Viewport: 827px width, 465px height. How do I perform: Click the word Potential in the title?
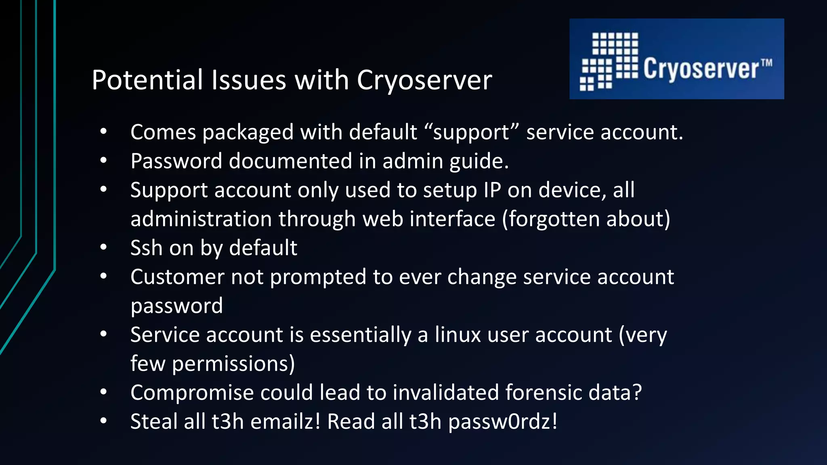[147, 80]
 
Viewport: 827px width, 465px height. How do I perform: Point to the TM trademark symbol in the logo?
[766, 63]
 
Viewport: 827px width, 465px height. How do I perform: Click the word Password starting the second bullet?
[176, 161]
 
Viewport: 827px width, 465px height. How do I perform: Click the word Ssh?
[146, 248]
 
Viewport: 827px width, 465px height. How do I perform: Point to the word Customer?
[177, 277]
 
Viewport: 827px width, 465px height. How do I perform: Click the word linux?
[458, 335]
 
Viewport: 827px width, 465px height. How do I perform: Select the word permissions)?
[233, 364]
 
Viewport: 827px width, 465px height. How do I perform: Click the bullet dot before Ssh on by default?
[104, 247]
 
